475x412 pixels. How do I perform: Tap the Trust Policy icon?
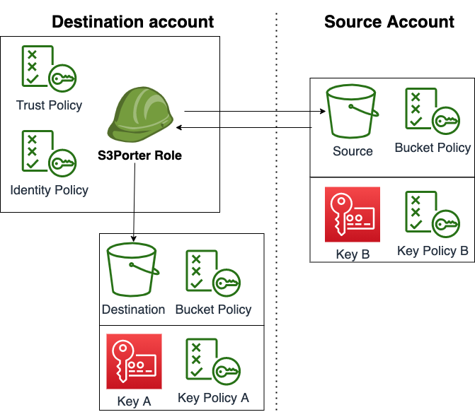(x=48, y=71)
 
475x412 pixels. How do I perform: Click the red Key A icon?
(x=134, y=361)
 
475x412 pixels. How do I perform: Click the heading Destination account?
(x=133, y=22)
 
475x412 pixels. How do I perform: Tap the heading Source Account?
(x=389, y=22)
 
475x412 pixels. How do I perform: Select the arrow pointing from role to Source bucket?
(x=255, y=111)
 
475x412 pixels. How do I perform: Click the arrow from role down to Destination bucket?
(x=132, y=205)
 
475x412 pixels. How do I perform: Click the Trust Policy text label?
(x=49, y=105)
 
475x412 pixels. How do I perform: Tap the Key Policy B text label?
(x=433, y=251)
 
